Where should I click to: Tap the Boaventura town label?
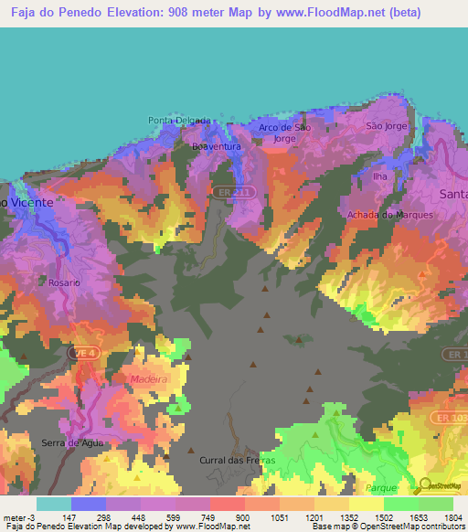(217, 146)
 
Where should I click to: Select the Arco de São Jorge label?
(284, 133)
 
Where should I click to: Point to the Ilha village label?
(381, 176)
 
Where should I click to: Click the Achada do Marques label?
(389, 215)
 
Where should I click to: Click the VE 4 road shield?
(82, 353)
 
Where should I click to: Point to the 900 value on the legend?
(243, 516)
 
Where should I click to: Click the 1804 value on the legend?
(452, 516)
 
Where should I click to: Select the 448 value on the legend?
(139, 516)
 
